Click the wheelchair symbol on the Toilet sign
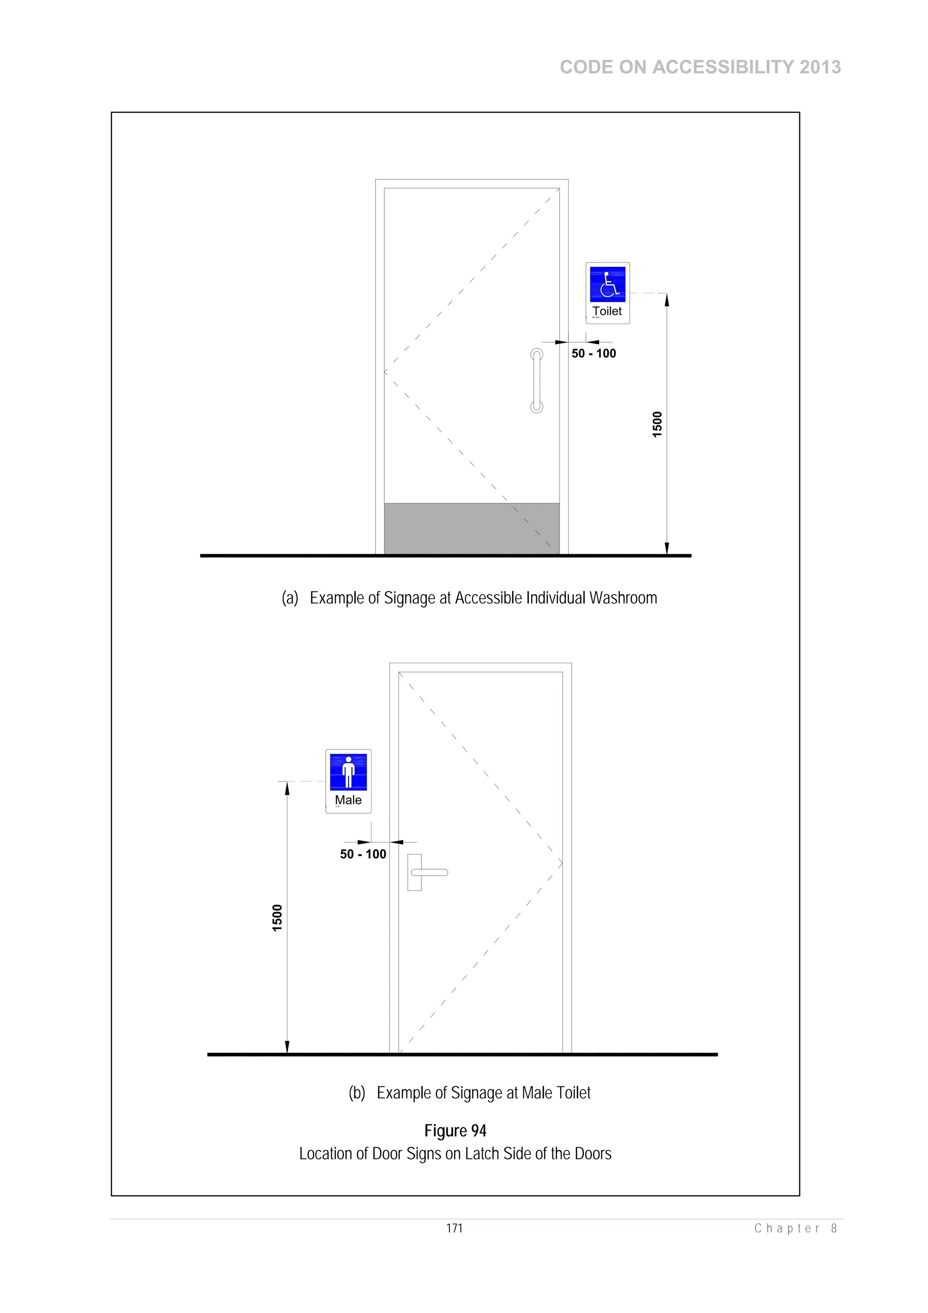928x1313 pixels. pos(607,284)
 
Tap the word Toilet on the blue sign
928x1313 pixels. pos(607,311)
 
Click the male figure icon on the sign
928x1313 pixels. pos(348,772)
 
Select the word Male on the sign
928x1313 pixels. pos(348,800)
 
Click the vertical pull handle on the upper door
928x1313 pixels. pos(536,380)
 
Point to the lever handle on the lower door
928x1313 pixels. pos(429,872)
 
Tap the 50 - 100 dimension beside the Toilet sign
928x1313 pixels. pos(594,354)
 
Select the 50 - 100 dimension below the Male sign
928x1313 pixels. pos(363,854)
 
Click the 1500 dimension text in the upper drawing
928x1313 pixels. pos(657,424)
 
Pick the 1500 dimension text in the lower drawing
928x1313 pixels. pos(277,918)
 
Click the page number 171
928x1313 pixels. pos(454,1228)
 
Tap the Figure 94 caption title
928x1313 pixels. pos(455,1130)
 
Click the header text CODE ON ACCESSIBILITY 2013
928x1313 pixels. pos(700,67)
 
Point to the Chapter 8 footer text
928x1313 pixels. pos(795,1228)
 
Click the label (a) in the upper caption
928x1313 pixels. pos(290,598)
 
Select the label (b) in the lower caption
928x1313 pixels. pos(357,1093)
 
